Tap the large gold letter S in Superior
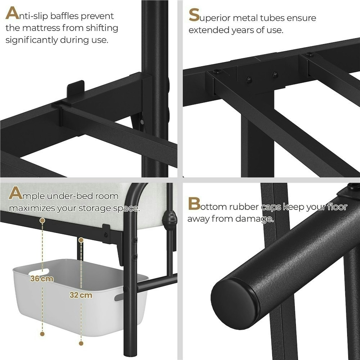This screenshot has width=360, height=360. (x=194, y=15)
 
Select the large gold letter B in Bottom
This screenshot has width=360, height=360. (x=194, y=204)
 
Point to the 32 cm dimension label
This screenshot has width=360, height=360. (x=81, y=295)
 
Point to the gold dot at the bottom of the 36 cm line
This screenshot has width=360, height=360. (x=42, y=334)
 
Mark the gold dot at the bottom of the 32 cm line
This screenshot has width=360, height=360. (x=81, y=343)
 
